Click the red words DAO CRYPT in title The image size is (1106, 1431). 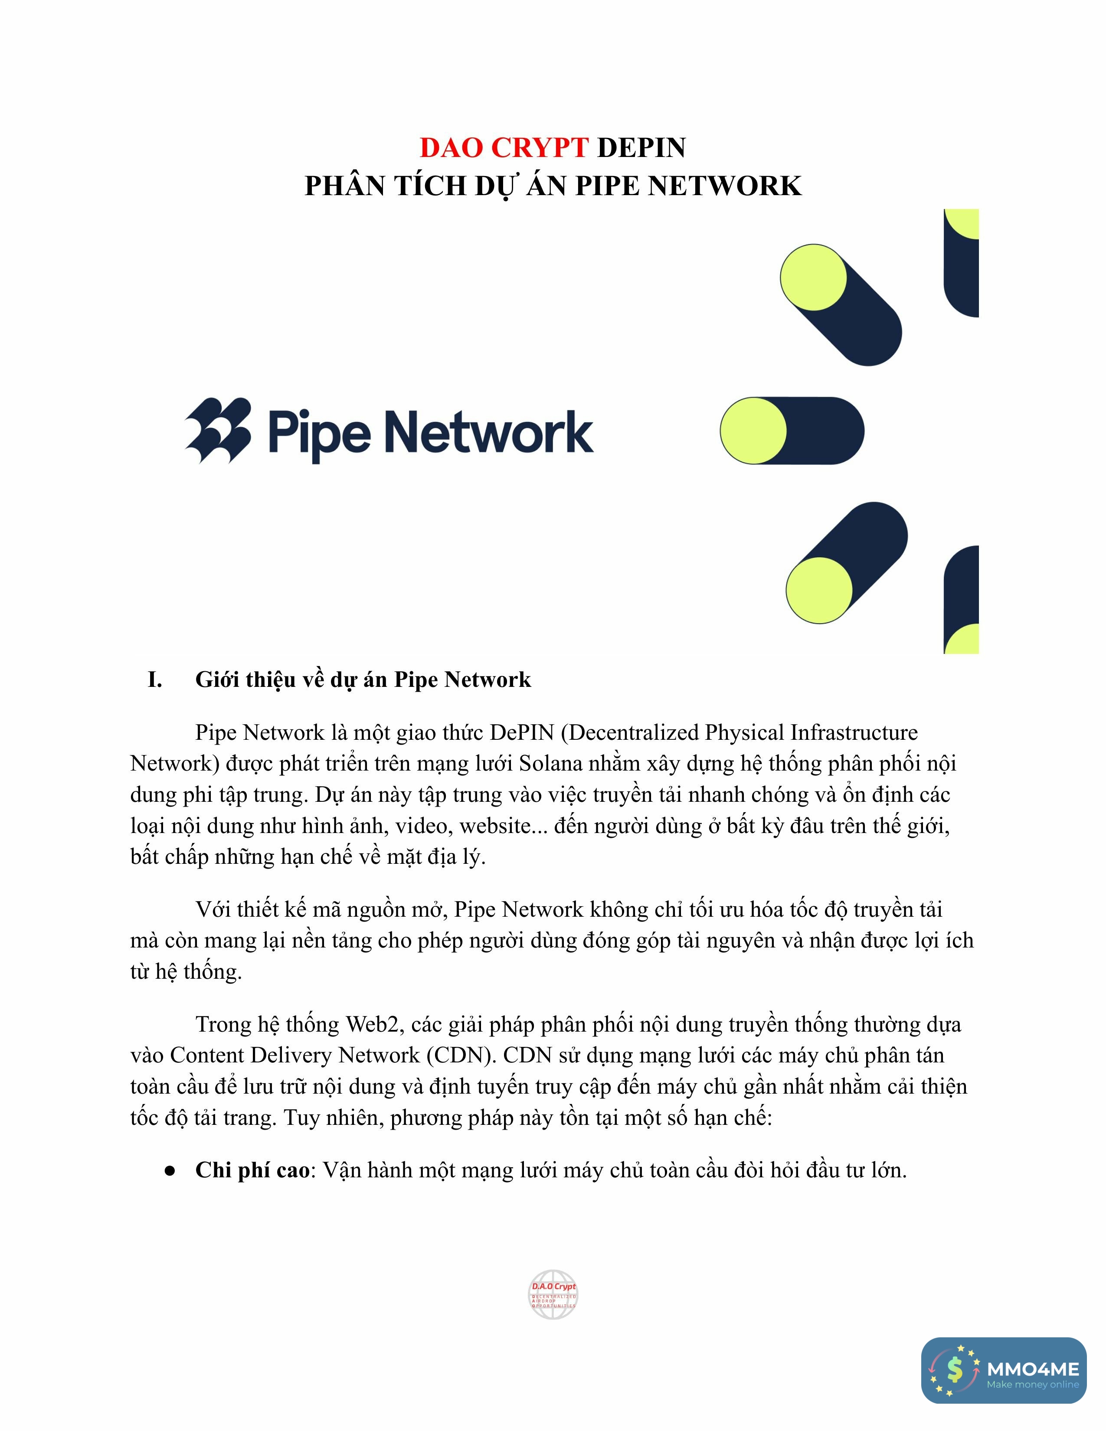pyautogui.click(x=503, y=147)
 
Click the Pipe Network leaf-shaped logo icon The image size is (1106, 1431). pyautogui.click(x=218, y=431)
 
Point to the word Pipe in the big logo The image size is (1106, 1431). pyautogui.click(x=319, y=432)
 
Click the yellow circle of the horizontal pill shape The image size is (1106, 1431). pyautogui.click(x=753, y=431)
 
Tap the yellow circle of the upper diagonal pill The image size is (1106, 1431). pyautogui.click(x=813, y=277)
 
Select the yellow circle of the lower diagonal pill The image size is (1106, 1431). pyautogui.click(x=819, y=590)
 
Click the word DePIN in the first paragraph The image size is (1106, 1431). pyautogui.click(x=522, y=732)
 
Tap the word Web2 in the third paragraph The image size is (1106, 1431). pyautogui.click(x=372, y=1024)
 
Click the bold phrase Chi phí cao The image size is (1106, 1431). pyautogui.click(x=252, y=1170)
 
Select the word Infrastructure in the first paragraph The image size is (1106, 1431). pyautogui.click(x=854, y=732)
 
